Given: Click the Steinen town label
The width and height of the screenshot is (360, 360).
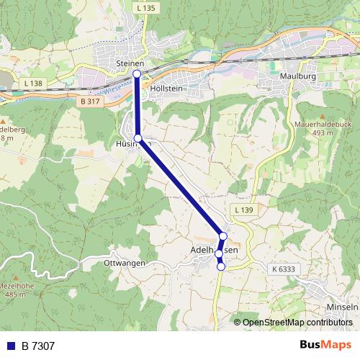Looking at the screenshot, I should click(x=130, y=64).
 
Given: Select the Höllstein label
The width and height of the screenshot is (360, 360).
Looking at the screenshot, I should click(x=168, y=88).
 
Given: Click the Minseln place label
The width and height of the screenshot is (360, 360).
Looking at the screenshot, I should click(x=342, y=307).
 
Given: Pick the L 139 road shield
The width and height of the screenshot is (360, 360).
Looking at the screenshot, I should click(x=243, y=209).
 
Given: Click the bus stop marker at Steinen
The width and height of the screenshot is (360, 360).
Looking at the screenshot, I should click(x=137, y=73).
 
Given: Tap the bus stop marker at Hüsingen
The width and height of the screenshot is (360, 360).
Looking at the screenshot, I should click(x=138, y=138).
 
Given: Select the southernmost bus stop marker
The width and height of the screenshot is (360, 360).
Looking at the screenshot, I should click(x=221, y=267).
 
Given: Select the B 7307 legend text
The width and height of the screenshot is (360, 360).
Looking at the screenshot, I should click(x=37, y=346).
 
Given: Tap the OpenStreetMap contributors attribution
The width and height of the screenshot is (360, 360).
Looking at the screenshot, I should click(x=297, y=323).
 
